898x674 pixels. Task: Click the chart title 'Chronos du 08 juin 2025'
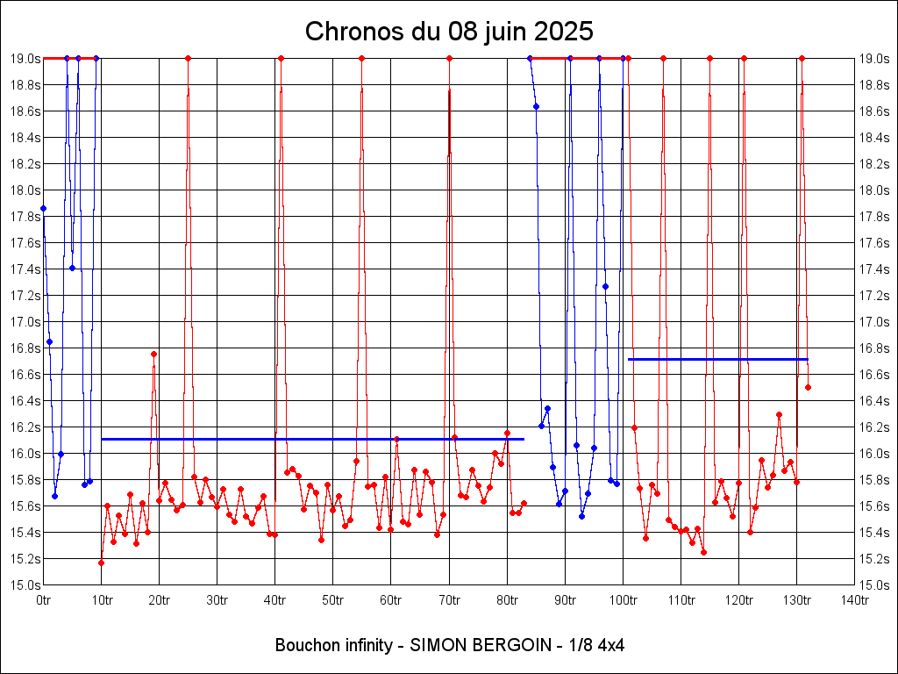coord(449,32)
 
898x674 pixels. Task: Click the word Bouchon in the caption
coord(303,645)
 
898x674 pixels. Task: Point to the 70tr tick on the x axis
coord(449,600)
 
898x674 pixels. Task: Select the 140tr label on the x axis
coord(854,600)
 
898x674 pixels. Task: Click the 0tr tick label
coord(44,600)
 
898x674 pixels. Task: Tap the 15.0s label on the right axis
coord(873,585)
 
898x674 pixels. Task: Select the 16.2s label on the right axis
coord(873,427)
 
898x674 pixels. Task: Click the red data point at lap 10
coord(102,563)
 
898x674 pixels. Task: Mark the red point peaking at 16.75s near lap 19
coord(153,355)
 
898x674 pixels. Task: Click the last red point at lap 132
coord(808,387)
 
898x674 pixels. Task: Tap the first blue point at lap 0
coord(44,208)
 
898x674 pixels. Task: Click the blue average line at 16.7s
coord(717,359)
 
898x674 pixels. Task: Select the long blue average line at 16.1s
coord(312,439)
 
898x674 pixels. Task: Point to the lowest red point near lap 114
coord(703,552)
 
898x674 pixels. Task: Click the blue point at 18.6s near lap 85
coord(536,106)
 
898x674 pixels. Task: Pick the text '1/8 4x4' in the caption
coord(598,645)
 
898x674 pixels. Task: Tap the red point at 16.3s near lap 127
coord(779,414)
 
